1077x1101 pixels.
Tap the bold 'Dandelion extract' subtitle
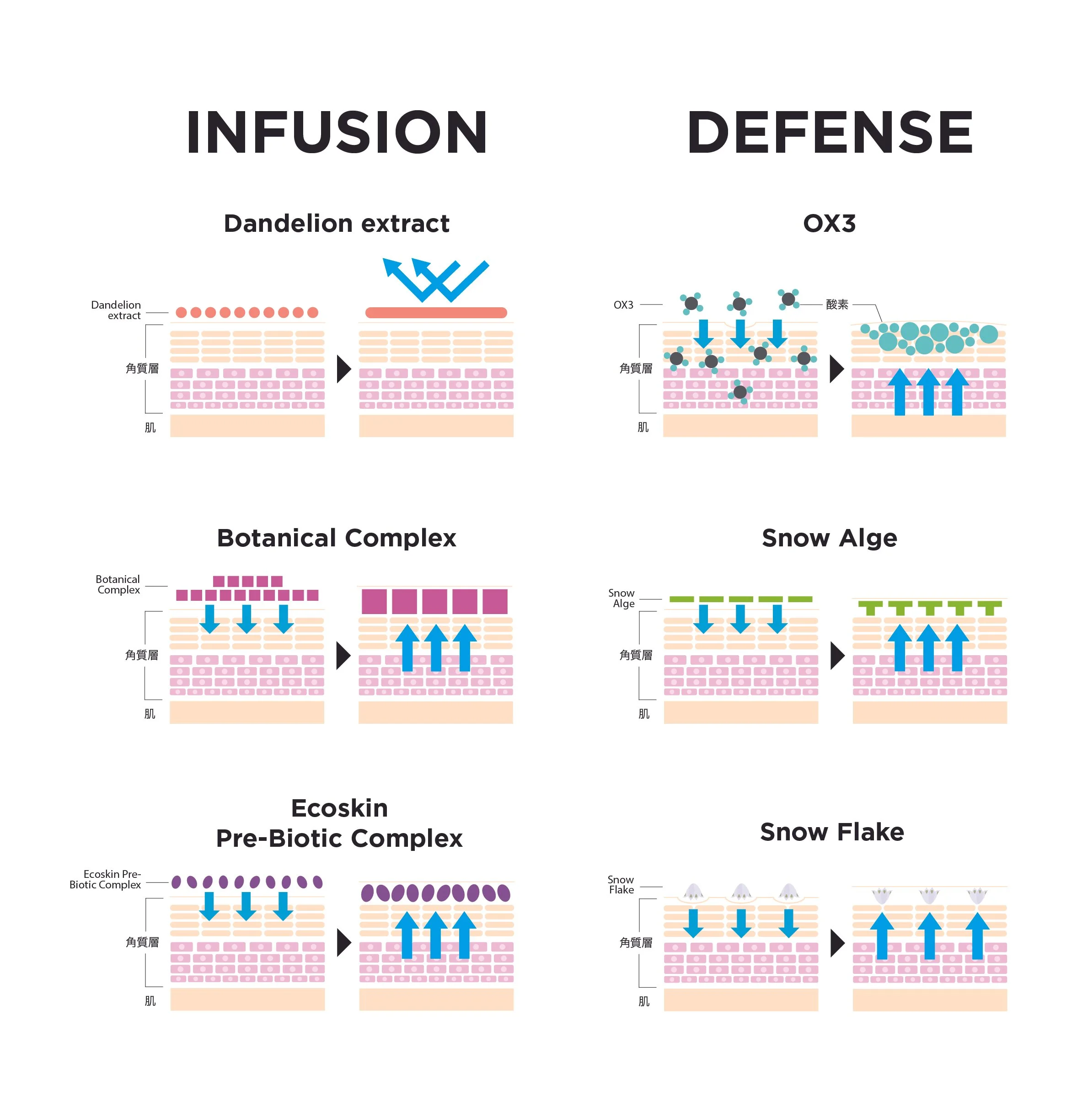click(x=337, y=224)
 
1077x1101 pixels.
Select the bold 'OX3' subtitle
click(x=829, y=224)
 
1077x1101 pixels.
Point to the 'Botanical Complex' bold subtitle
click(x=337, y=538)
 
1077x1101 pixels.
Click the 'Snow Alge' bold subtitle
click(x=829, y=538)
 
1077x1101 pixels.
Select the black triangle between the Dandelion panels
click(x=343, y=369)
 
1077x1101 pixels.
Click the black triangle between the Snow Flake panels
click(x=837, y=943)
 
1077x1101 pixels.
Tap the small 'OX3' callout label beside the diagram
click(x=623, y=305)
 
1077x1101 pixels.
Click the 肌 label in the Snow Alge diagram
click(x=644, y=714)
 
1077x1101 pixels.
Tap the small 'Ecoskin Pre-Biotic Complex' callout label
click(x=105, y=879)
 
